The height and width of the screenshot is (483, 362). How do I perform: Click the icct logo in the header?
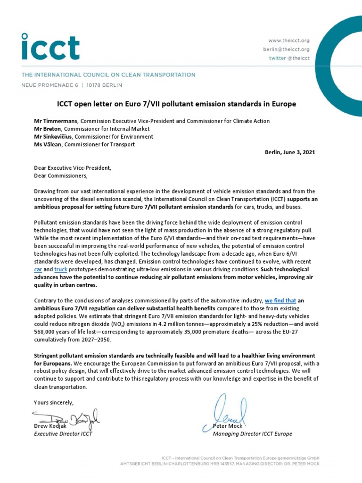click(x=49, y=46)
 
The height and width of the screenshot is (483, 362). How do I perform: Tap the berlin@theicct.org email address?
click(x=286, y=49)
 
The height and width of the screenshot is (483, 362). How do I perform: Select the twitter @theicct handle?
click(x=289, y=58)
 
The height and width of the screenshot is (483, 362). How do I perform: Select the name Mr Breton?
click(x=48, y=129)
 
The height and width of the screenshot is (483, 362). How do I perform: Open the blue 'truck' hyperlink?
click(x=61, y=268)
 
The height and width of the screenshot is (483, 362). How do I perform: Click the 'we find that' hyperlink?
click(x=280, y=300)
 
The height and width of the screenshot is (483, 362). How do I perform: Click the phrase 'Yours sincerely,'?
click(x=54, y=402)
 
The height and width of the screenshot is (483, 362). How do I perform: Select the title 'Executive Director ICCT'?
click(x=63, y=434)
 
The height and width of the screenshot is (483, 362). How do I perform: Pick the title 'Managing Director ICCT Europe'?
click(x=253, y=434)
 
